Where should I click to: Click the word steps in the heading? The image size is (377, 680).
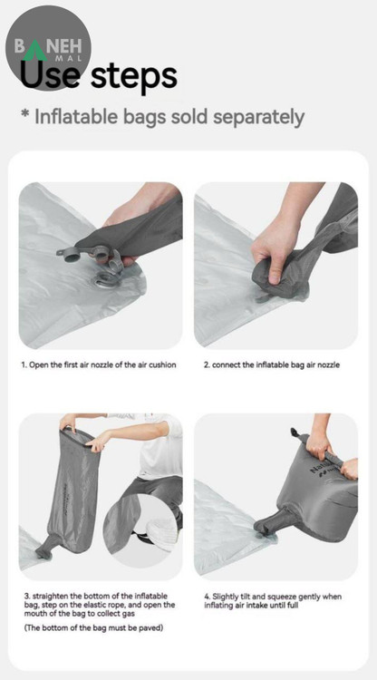tap(133, 77)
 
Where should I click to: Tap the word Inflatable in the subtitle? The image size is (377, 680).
tap(76, 117)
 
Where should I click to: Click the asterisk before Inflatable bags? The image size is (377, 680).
tap(25, 114)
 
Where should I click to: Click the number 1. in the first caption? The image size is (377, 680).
tap(24, 364)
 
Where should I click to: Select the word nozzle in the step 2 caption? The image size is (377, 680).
tap(329, 364)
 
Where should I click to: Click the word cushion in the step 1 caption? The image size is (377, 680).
tap(162, 364)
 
